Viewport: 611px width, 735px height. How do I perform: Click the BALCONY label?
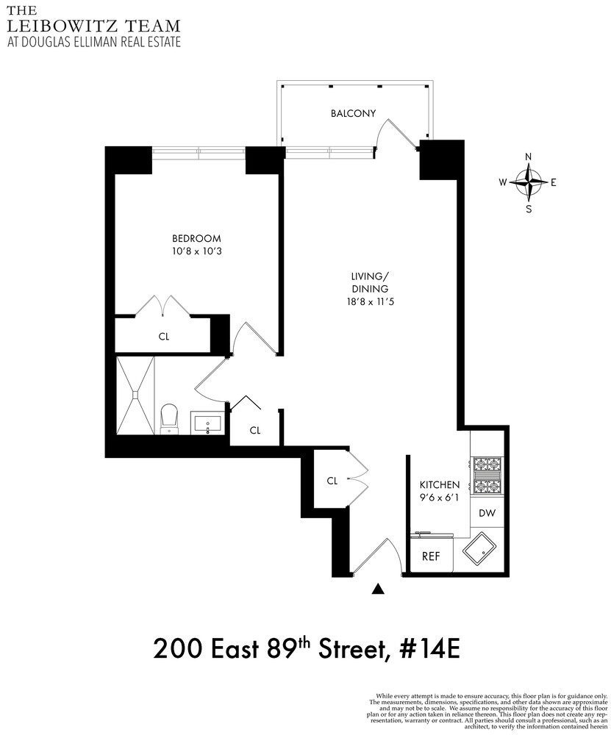point(353,113)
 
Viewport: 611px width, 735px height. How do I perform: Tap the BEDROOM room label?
point(196,239)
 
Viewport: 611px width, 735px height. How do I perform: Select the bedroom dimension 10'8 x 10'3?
point(196,252)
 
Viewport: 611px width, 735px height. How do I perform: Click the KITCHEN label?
point(440,485)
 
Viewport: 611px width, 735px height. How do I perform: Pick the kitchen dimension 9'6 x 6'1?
point(440,498)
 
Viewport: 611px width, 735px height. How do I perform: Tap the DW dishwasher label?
point(487,514)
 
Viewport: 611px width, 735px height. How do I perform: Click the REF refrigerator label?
point(430,556)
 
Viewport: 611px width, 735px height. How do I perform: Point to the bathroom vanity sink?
point(210,423)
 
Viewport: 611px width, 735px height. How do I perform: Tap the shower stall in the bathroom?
point(135,395)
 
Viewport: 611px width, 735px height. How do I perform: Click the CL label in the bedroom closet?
point(164,337)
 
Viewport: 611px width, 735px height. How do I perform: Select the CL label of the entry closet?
point(332,481)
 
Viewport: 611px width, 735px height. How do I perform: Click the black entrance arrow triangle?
point(379,588)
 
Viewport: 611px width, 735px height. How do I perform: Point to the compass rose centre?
point(529,182)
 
